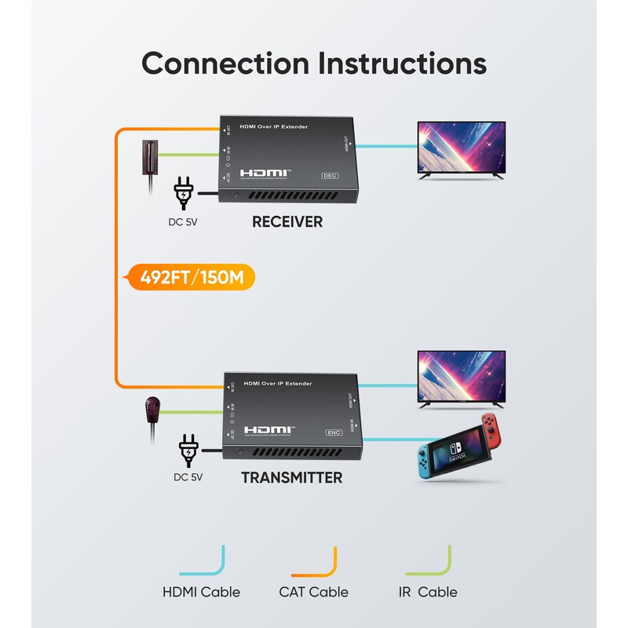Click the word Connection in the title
223,63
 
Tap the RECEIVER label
287,222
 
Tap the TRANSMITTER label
291,477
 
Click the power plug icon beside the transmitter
189,450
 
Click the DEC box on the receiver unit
330,175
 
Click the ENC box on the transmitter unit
334,432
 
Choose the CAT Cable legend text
314,592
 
